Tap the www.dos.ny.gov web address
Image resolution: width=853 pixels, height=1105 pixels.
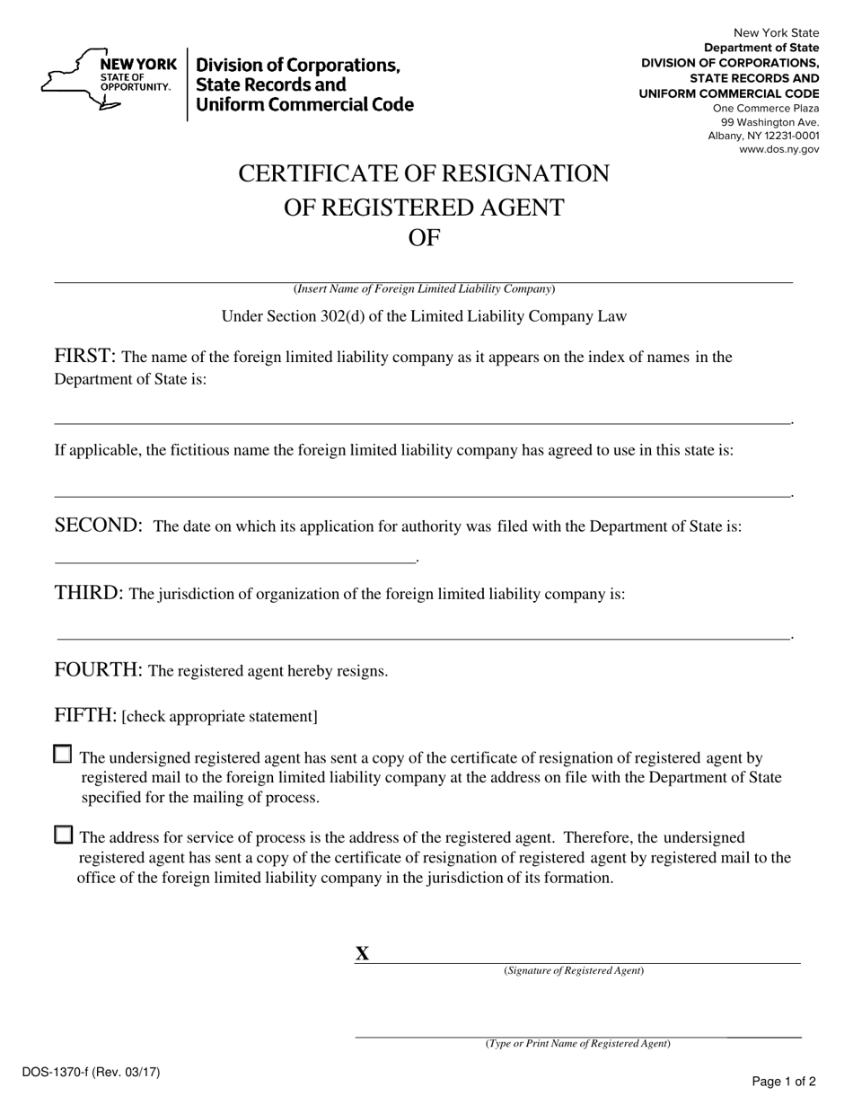[x=778, y=150]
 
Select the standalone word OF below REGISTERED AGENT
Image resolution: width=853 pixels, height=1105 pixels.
[x=424, y=237]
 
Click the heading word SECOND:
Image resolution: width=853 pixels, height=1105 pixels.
[x=99, y=526]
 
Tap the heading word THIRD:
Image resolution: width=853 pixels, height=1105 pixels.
[x=89, y=593]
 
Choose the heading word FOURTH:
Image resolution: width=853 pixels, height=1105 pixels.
[x=99, y=669]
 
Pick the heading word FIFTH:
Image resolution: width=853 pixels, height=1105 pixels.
[x=85, y=715]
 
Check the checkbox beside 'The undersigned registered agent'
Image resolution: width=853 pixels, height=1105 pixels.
[x=63, y=755]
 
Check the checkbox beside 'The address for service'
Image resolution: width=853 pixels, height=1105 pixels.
[x=63, y=835]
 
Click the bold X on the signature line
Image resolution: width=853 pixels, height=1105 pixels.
[x=362, y=954]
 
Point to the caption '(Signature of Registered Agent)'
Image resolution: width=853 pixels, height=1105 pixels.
[x=574, y=971]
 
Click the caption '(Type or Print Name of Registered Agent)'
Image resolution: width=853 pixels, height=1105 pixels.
[x=577, y=1044]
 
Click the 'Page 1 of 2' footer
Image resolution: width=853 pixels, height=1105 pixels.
[x=783, y=1082]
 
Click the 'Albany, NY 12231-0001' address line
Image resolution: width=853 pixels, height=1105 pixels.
[x=763, y=136]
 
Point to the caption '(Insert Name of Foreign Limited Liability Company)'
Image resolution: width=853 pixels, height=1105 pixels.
[x=424, y=289]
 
